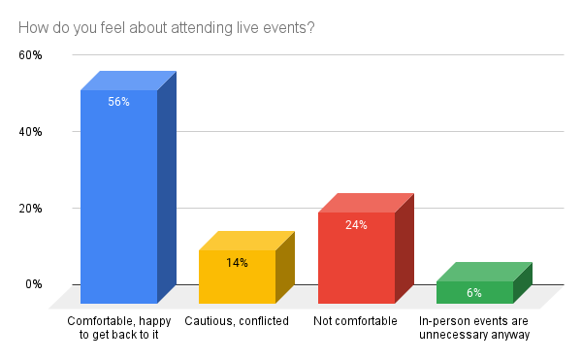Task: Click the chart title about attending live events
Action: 166,27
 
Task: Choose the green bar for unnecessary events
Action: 474,293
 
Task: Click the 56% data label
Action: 118,101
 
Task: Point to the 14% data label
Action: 238,262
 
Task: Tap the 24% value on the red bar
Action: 357,224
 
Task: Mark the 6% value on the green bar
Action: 474,292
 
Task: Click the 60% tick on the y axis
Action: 30,55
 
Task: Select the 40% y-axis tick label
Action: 30,132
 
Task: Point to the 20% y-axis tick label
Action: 30,208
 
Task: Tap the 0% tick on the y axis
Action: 33,284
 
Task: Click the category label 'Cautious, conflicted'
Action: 238,321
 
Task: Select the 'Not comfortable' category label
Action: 357,321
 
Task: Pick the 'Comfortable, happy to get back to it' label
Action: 118,328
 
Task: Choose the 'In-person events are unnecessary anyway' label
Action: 474,328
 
